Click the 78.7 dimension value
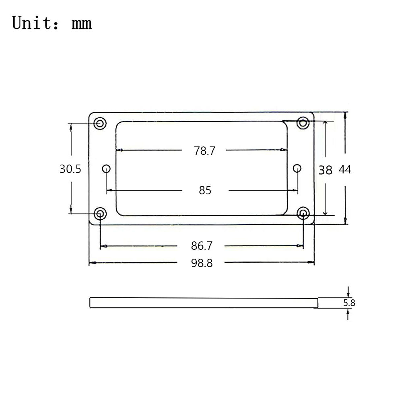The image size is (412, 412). (x=205, y=151)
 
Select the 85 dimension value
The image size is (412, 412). (x=205, y=190)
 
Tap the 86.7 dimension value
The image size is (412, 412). (x=202, y=245)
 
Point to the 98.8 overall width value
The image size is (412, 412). (x=202, y=263)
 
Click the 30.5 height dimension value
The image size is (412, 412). (x=70, y=169)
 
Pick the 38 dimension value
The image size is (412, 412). (x=325, y=170)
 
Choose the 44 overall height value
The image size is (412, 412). (x=345, y=170)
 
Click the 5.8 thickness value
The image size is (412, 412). (x=349, y=303)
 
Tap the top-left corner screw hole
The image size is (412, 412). (x=99, y=123)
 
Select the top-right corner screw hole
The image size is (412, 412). (x=303, y=123)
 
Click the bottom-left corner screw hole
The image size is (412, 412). (x=100, y=213)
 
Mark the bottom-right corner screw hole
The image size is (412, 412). (x=303, y=213)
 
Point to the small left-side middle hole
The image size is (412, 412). (x=106, y=168)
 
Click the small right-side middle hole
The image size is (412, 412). (x=297, y=168)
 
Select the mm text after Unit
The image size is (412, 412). (x=82, y=24)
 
